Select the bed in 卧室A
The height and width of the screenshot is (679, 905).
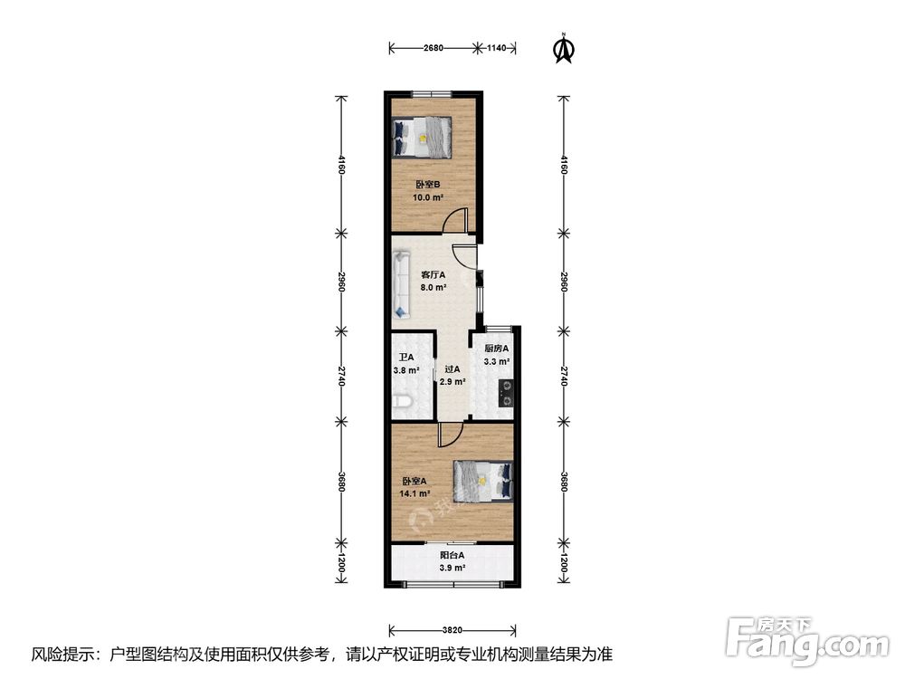pos(483,481)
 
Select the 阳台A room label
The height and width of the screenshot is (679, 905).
pos(452,555)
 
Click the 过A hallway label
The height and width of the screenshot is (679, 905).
pos(452,369)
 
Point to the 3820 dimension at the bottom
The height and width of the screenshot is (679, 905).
pos(452,629)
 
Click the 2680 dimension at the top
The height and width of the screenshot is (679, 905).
pos(433,48)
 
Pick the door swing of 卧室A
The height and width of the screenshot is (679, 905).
pos(448,435)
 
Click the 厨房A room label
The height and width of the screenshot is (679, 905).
pos(496,349)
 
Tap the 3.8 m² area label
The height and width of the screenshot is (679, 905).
pos(405,369)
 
